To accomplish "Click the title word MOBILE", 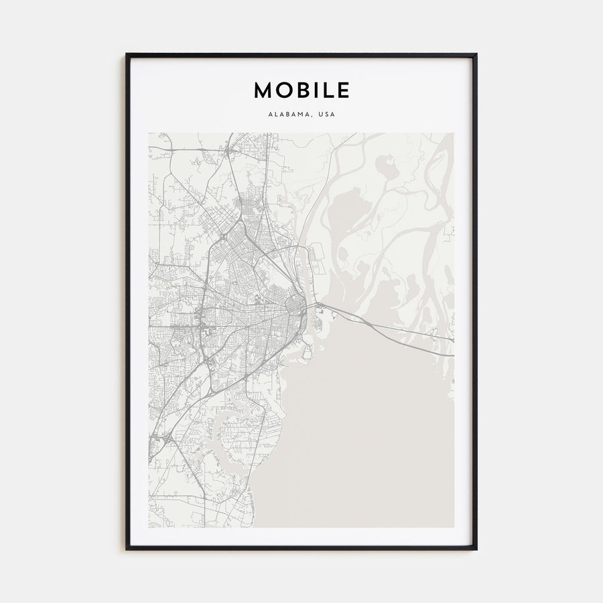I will pyautogui.click(x=301, y=90).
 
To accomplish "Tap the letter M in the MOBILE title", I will pyautogui.click(x=262, y=90).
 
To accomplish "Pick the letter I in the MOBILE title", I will pyautogui.click(x=314, y=90).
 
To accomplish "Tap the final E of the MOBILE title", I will pyautogui.click(x=342, y=90).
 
